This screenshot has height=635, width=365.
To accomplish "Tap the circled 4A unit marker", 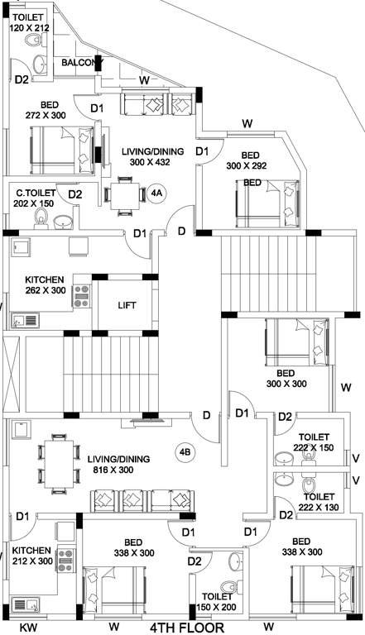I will coord(157,194).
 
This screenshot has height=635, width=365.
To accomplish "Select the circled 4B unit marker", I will coord(184,451).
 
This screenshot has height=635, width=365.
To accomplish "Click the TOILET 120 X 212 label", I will coord(31,21).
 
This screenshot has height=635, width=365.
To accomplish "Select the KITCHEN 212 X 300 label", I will coord(31,555).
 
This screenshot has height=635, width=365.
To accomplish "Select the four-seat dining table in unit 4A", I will coord(125,196).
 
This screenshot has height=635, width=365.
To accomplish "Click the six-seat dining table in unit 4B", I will coord(57,460).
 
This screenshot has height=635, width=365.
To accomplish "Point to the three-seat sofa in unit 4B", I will coord(145,501).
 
